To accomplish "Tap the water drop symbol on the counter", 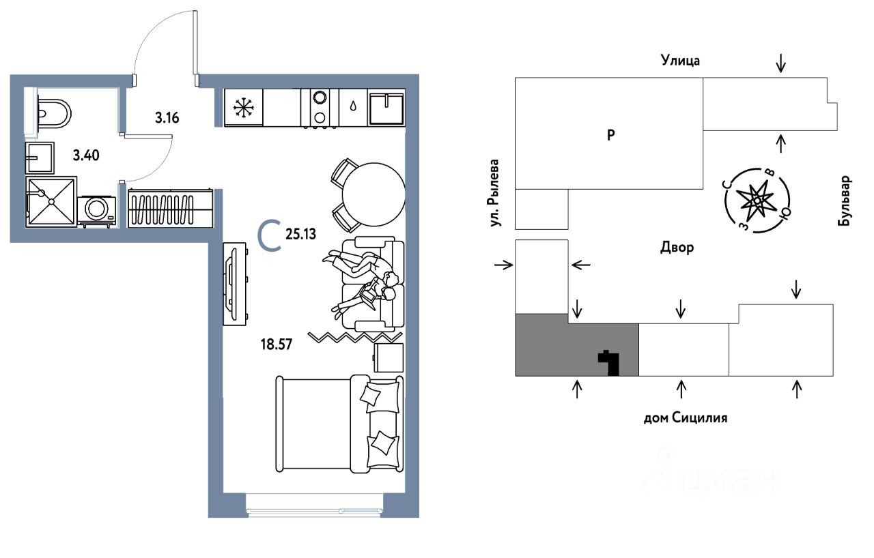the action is (x=353, y=106).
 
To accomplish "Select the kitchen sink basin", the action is (x=386, y=108).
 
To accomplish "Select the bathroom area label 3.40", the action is (x=87, y=155).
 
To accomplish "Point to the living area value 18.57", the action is (x=276, y=344).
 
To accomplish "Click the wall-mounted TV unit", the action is (x=233, y=282).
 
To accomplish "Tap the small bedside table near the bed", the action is (x=389, y=357).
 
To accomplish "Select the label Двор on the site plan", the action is (x=677, y=248).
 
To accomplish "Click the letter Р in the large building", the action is (x=611, y=134).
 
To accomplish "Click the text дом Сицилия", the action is (x=685, y=417).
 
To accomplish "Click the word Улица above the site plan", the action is (x=680, y=61).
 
